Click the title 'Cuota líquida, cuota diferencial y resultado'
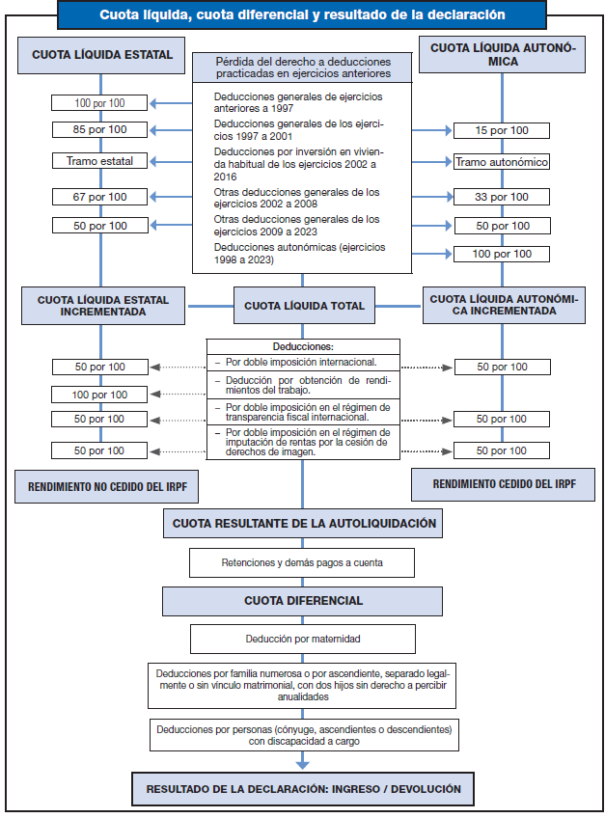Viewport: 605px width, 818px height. pos(302,15)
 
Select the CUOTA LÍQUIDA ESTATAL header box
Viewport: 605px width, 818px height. pos(101,56)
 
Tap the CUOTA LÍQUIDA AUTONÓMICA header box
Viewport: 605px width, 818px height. pos(502,55)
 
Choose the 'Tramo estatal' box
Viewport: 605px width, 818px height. pos(101,161)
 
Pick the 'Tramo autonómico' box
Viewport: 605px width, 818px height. pos(502,162)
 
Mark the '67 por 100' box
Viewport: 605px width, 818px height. pos(101,197)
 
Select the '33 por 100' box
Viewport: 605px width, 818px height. pos(502,197)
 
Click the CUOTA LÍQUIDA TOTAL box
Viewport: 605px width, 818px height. pos(303,306)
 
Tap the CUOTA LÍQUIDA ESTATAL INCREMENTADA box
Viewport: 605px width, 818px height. pos(102,306)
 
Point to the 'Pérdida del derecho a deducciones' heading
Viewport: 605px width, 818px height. pos(302,68)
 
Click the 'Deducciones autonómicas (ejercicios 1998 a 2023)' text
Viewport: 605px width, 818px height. pos(299,254)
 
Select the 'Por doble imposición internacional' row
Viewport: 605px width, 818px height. pos(302,363)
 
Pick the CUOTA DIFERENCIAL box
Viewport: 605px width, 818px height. pos(303,600)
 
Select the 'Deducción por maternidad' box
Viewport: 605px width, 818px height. pos(303,639)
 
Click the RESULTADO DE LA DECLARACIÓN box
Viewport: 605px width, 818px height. pos(303,789)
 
